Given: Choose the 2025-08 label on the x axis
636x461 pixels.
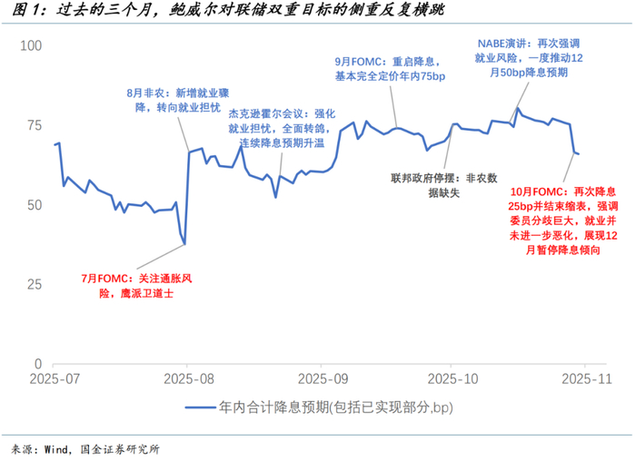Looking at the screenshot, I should [186, 378].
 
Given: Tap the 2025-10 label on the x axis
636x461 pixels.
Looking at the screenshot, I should [449, 378].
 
